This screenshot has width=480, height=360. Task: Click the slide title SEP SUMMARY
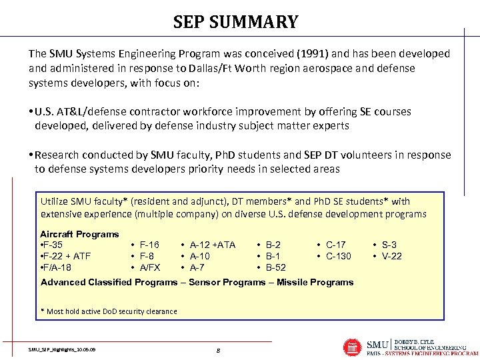tap(235, 22)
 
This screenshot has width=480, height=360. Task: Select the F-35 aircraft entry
tap(52, 245)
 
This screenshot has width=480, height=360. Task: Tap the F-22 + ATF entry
tap(66, 256)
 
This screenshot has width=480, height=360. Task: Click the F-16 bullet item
tap(149, 245)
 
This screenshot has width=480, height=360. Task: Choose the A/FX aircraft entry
tap(150, 267)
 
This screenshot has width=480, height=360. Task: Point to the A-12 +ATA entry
tap(213, 245)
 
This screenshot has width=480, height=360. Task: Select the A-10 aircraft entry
tap(200, 256)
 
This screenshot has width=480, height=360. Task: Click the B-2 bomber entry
tap(273, 245)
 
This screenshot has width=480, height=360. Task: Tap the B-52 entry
tap(276, 267)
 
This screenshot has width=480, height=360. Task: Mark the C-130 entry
tap(339, 256)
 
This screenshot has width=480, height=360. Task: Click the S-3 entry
tap(389, 245)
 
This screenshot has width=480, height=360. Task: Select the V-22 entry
tap(391, 256)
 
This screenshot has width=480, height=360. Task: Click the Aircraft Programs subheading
tap(79, 234)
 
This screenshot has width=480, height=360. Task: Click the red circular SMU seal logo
tap(352, 347)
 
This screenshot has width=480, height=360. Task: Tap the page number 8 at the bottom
tap(219, 349)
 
